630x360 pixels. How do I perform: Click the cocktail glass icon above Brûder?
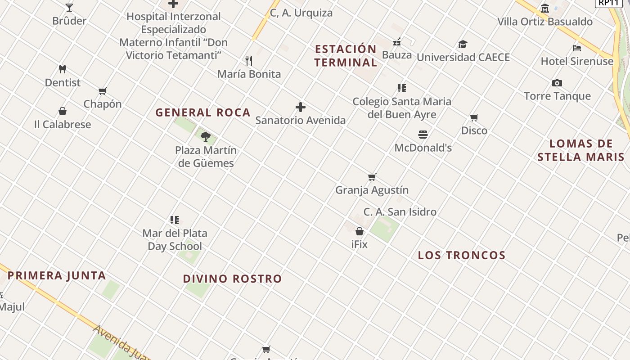tap(69, 8)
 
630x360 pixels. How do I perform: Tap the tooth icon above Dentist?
tap(63, 69)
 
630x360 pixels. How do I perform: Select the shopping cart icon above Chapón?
tap(103, 91)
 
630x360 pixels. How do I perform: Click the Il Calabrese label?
tap(63, 125)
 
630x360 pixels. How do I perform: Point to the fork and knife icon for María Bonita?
tap(249, 61)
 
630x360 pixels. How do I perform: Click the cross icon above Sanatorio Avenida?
tap(301, 107)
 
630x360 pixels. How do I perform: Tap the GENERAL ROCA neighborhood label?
tap(203, 112)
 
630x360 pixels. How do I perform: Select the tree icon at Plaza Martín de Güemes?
tap(206, 137)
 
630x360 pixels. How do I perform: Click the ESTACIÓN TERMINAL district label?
tap(346, 56)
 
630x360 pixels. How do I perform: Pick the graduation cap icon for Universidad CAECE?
tap(463, 44)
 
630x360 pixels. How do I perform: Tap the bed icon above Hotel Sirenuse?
tap(577, 48)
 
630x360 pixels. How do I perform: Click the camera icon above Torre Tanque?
tap(557, 83)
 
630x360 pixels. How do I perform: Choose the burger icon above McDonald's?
tap(423, 135)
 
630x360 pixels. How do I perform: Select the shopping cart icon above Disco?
tap(474, 118)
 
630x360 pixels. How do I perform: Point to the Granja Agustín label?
tap(372, 190)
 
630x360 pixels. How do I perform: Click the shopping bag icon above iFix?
tap(360, 231)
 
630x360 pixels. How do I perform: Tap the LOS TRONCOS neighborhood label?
tap(462, 255)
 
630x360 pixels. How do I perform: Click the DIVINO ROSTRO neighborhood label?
tap(232, 279)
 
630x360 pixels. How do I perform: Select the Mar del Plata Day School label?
tap(175, 240)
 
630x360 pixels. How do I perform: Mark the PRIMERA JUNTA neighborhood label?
tap(57, 275)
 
